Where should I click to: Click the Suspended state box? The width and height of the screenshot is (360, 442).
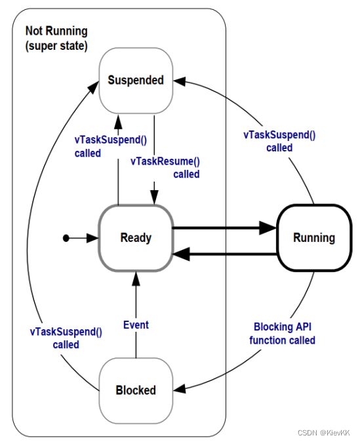click(136, 80)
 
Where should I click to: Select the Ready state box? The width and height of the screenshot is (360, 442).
click(136, 237)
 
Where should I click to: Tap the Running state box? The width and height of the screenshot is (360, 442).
click(313, 237)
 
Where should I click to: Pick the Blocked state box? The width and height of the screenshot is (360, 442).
click(136, 390)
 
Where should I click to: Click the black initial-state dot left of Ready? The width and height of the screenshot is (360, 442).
click(66, 238)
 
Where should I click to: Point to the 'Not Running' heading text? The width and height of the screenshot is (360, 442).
click(56, 31)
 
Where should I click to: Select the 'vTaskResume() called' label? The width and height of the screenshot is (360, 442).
click(166, 168)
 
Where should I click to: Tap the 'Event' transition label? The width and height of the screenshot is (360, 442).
click(136, 325)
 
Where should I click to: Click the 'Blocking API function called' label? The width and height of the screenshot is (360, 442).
click(284, 334)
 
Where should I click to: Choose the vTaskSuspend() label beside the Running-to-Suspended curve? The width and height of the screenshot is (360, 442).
click(279, 142)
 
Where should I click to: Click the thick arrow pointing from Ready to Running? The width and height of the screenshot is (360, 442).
click(223, 228)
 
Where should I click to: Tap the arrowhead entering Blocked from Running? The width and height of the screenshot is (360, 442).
click(181, 390)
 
